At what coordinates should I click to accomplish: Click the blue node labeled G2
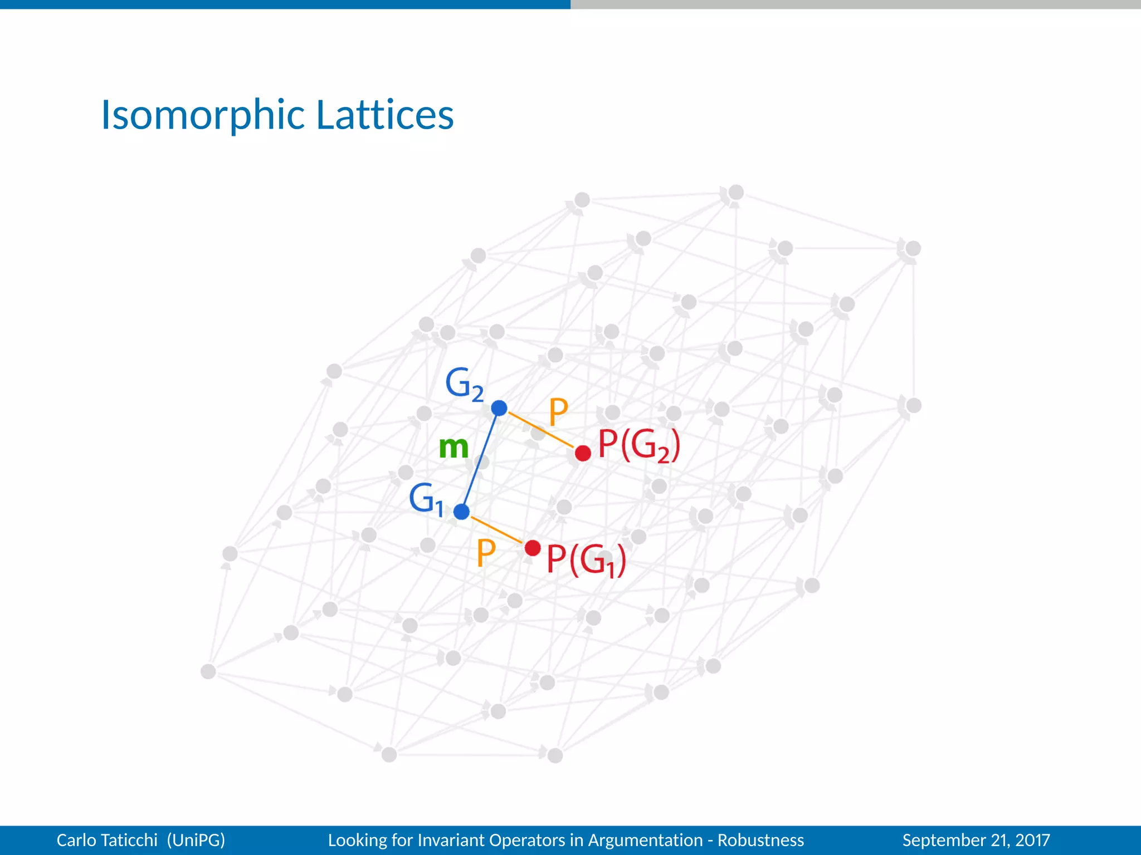coord(499,408)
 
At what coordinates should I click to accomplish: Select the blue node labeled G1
coord(461,512)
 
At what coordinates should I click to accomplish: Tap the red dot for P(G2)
coord(583,453)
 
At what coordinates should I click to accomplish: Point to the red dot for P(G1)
coord(533,548)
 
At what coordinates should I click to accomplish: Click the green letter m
coord(454,447)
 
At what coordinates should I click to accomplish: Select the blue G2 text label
coord(464,384)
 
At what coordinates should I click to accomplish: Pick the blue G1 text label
coord(426,499)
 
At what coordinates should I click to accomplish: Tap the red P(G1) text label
coord(586,560)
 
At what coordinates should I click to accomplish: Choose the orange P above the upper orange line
coord(558,412)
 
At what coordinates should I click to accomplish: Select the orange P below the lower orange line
coord(486,553)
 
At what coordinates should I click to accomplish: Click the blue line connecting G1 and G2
coord(480,460)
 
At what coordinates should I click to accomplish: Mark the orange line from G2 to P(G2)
coord(540,430)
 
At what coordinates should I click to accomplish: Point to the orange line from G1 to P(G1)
coord(496,529)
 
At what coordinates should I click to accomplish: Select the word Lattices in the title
coord(385,115)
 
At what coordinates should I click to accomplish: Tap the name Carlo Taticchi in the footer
coord(107,840)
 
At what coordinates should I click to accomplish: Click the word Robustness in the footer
coord(760,840)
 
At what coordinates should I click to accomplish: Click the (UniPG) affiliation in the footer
coord(196,840)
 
